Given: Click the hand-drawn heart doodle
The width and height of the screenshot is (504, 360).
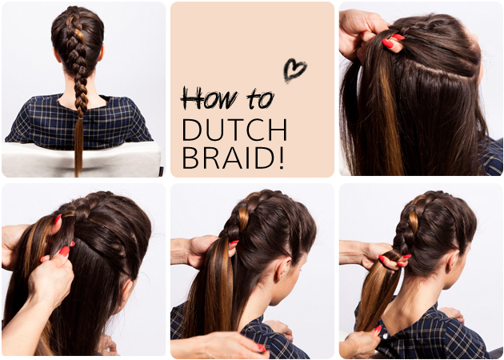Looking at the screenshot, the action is [x=294, y=70].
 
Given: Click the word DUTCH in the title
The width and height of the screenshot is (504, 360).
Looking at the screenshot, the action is [x=234, y=130].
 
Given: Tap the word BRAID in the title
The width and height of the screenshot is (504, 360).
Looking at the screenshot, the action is [x=229, y=158].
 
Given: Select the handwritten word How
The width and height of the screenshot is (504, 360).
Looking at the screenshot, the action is [x=210, y=98].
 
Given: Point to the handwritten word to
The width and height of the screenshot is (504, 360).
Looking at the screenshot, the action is [x=260, y=98].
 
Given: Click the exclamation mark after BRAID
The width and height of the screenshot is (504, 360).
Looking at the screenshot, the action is [x=282, y=158].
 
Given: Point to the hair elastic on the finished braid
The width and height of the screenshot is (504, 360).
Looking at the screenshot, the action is [x=79, y=118].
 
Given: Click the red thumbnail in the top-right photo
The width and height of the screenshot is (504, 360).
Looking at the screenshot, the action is [x=388, y=43].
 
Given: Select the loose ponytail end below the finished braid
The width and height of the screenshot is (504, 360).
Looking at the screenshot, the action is [x=78, y=147].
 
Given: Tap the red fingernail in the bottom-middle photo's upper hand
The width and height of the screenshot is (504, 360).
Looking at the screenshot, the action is [x=234, y=242].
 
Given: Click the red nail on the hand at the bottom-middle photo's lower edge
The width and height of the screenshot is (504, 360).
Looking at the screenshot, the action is [x=262, y=348].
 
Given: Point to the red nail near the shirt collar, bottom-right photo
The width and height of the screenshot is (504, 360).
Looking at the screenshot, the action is [x=378, y=329].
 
